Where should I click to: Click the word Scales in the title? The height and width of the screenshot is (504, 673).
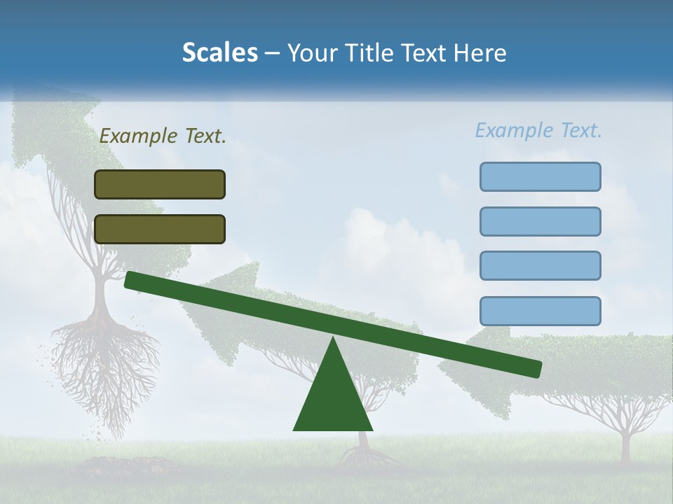[219, 53]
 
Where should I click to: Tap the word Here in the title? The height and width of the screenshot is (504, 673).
[480, 53]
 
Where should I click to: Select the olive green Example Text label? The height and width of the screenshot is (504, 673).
[163, 136]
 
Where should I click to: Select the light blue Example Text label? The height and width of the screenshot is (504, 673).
[538, 131]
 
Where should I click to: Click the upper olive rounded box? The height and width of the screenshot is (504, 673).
[160, 184]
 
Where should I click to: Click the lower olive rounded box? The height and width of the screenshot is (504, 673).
[160, 229]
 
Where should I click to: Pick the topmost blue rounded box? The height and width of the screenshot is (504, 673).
[540, 176]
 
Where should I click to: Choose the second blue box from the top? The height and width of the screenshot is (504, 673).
[540, 221]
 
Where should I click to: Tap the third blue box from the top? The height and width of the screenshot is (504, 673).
[540, 265]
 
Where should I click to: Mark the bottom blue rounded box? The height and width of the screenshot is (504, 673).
[540, 311]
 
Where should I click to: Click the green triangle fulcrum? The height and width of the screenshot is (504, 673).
[333, 399]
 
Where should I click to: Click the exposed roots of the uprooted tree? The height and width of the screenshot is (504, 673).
[105, 364]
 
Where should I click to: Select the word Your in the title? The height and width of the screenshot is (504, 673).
[311, 53]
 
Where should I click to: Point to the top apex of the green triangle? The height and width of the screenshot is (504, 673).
[333, 339]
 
